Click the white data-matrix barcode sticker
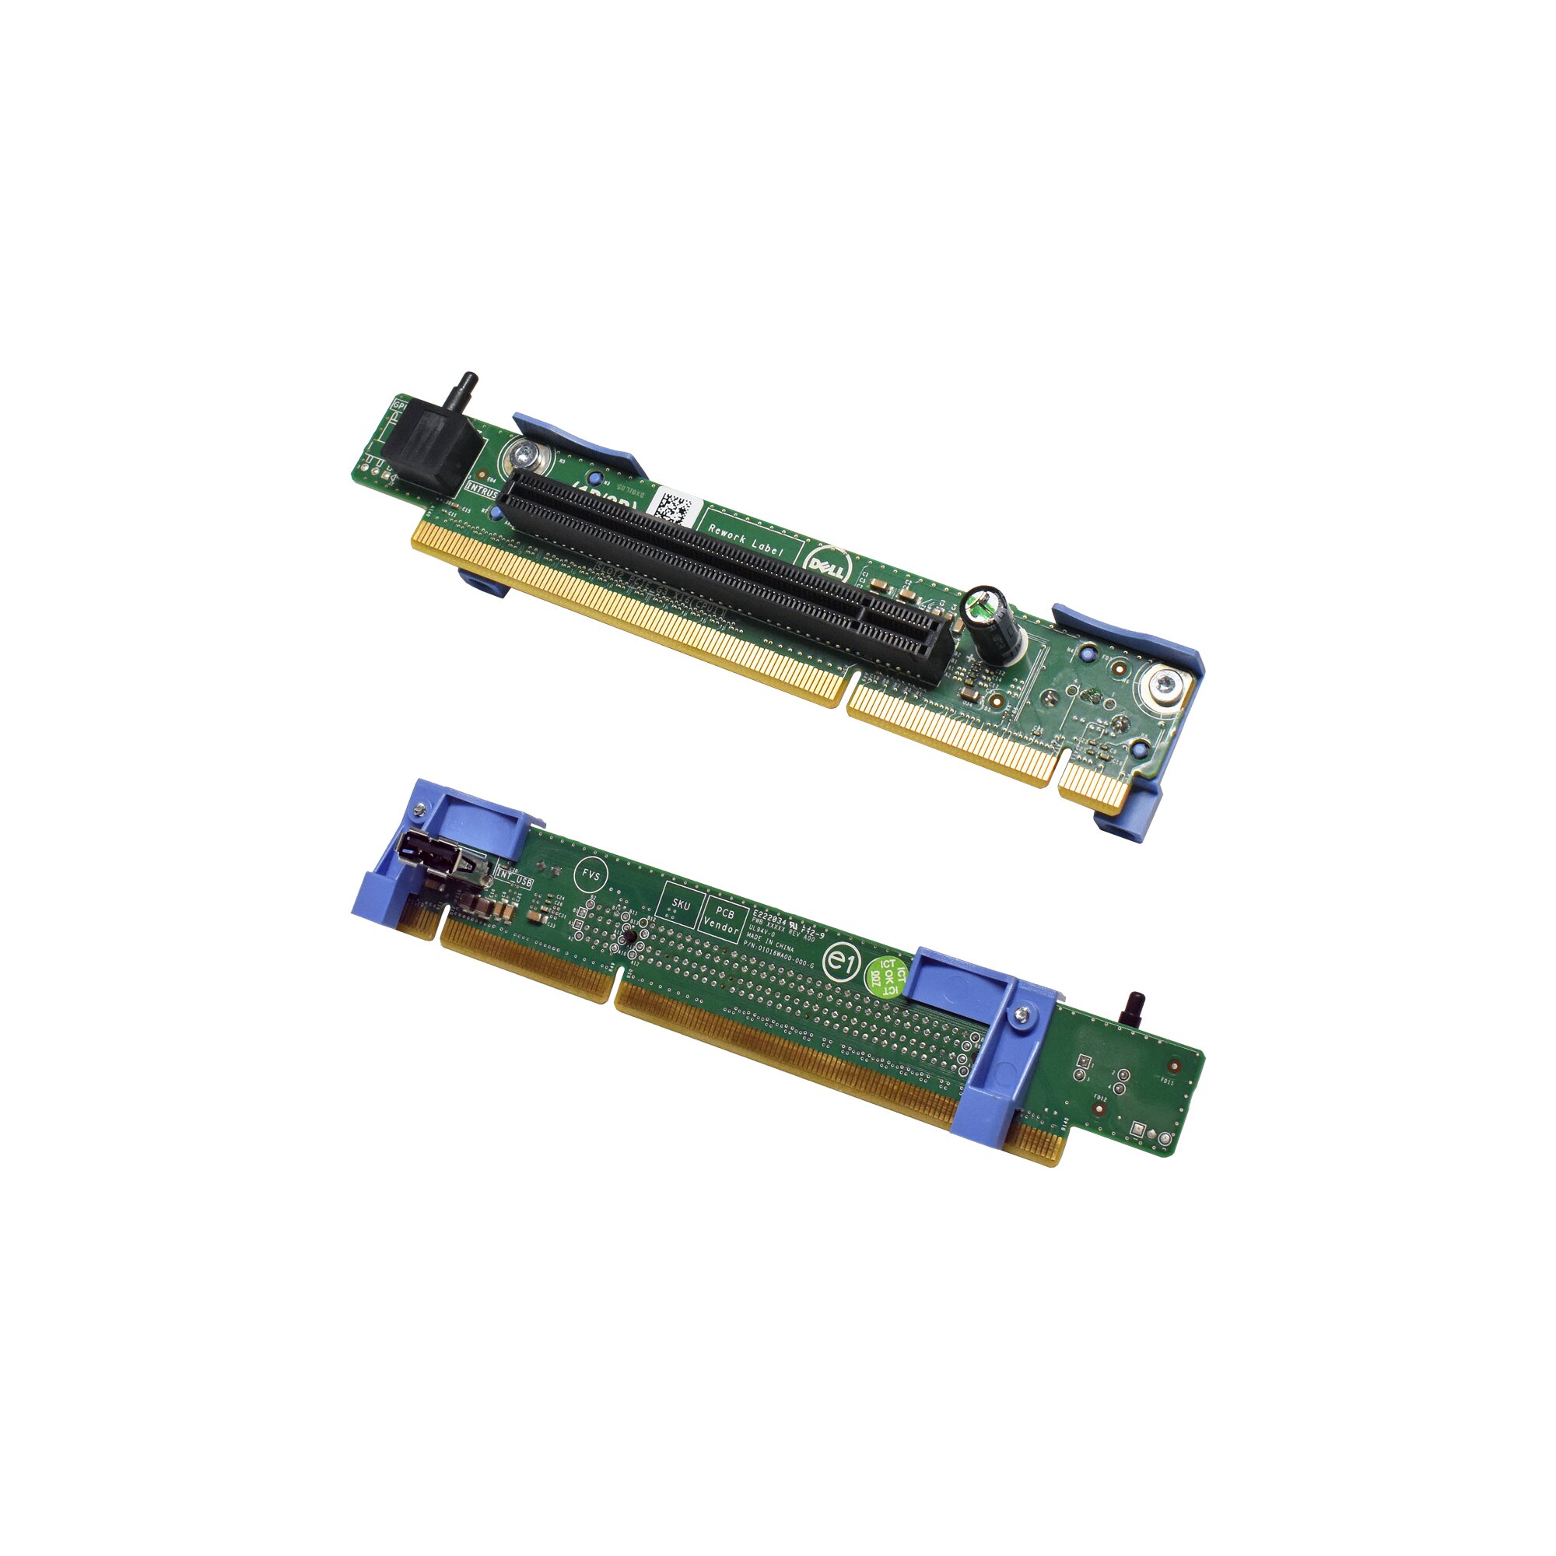671,508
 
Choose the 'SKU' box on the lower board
681,906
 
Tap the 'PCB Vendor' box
724,922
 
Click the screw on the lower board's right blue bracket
1022,1016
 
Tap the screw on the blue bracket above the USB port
419,809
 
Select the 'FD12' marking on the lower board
1099,1099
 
